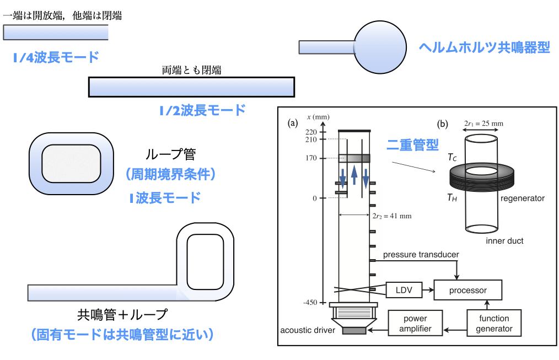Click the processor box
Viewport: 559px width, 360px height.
click(x=467, y=289)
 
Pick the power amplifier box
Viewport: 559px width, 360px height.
click(x=415, y=324)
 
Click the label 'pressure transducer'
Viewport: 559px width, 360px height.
click(x=421, y=254)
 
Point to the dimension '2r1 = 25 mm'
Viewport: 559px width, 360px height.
click(x=483, y=123)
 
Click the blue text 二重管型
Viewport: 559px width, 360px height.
click(x=412, y=145)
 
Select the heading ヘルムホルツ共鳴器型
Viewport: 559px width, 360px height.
click(x=485, y=47)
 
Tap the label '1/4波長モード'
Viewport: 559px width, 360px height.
click(x=56, y=57)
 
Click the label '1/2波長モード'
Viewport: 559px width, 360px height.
click(x=202, y=110)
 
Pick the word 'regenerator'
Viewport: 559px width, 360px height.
click(x=523, y=198)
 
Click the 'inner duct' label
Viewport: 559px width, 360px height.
click(x=504, y=241)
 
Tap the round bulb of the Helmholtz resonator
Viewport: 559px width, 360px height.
click(x=380, y=47)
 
